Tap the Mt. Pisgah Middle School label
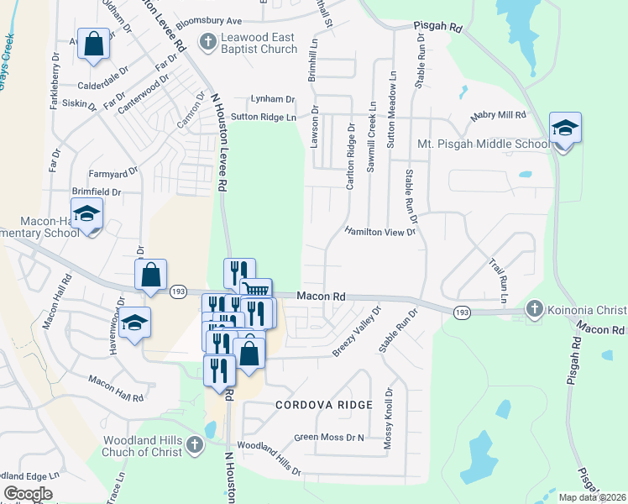coord(484,144)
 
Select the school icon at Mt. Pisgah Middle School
coord(565,129)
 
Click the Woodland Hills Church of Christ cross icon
coord(193,446)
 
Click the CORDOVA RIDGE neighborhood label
coord(323,405)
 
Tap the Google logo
coord(28,494)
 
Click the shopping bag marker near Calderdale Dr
coord(93,44)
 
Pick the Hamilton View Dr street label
coord(380,232)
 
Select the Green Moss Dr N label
coord(328,438)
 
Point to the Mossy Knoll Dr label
coord(388,417)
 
